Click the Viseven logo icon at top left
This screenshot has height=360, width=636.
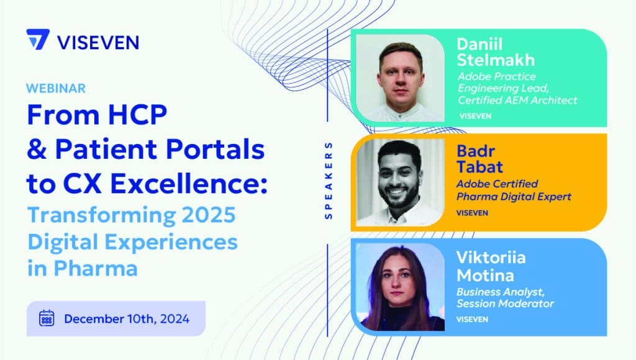tap(38, 39)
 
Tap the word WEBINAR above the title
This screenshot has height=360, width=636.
tap(56, 88)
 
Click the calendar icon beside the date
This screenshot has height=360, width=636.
tap(47, 318)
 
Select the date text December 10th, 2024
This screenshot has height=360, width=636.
tap(127, 318)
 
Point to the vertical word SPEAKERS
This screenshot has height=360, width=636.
tap(329, 181)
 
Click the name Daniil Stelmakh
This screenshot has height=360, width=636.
tap(496, 52)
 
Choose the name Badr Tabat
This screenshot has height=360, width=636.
tap(480, 159)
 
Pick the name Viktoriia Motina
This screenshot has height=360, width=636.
tap(491, 266)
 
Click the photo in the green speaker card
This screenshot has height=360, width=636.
tap(401, 78)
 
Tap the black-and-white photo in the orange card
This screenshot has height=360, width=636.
tap(401, 182)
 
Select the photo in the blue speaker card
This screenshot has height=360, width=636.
tap(401, 287)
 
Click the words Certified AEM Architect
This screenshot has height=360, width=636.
tap(517, 100)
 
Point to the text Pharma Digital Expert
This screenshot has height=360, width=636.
tap(514, 197)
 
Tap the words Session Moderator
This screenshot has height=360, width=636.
tap(506, 304)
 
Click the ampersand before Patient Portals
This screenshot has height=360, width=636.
tap(36, 149)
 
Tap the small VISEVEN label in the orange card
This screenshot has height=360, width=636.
tap(472, 213)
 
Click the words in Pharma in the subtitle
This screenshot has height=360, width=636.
tap(83, 268)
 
